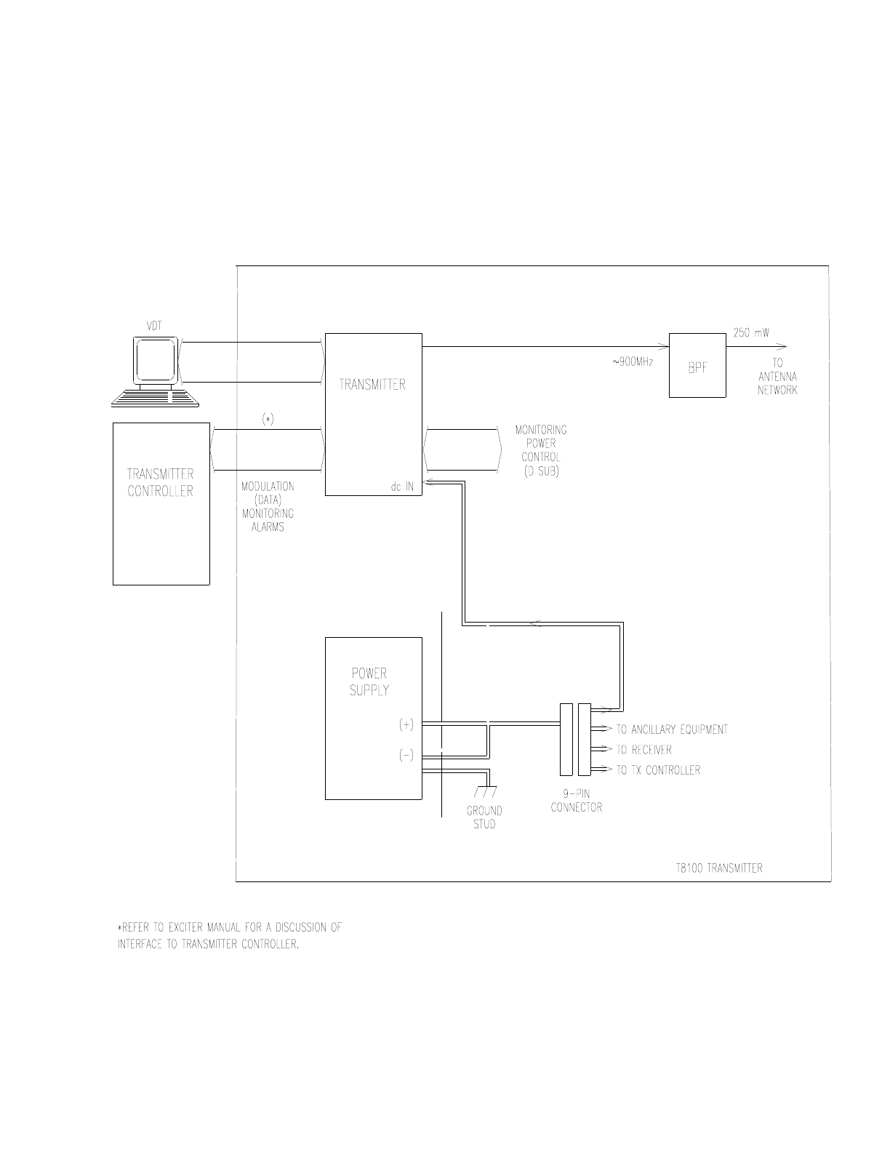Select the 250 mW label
point(750,333)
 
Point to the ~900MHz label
point(633,362)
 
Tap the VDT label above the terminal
point(154,326)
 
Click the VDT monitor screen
point(155,360)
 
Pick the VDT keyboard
point(155,398)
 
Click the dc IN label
point(402,487)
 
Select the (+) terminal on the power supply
point(406,724)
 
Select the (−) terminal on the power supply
point(406,755)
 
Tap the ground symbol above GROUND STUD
point(486,791)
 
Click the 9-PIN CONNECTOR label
point(576,801)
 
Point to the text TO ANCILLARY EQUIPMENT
point(672,729)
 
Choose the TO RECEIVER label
point(644,750)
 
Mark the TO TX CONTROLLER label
point(658,769)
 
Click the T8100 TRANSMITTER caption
point(719,868)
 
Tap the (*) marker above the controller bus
point(268,420)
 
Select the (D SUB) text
point(541,471)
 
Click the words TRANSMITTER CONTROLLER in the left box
point(160,482)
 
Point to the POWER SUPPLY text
point(369,681)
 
